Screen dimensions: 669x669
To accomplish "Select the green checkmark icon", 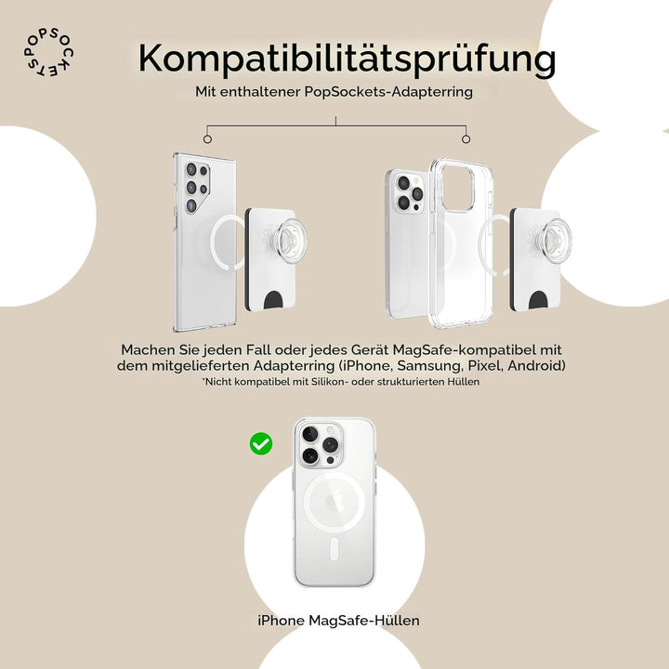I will (261, 444).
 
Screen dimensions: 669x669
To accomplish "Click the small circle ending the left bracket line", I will (207, 139).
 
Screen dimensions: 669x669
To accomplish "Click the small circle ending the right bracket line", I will (466, 139).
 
